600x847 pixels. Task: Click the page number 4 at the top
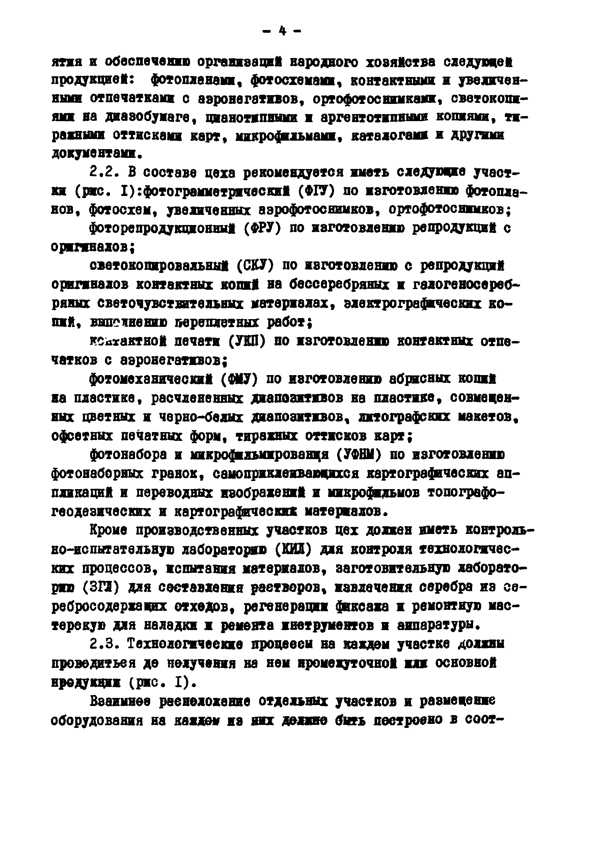point(282,31)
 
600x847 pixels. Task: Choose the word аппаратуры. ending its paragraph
point(439,625)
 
